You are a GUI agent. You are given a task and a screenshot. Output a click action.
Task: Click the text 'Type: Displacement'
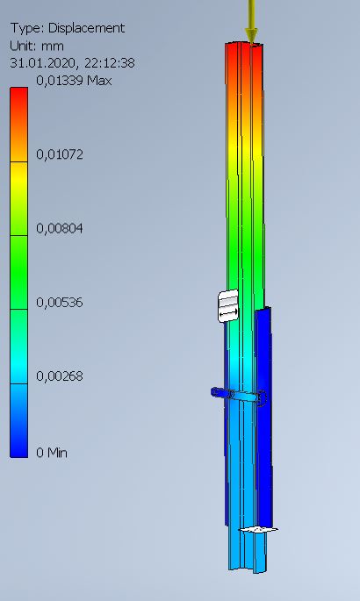pos(67,28)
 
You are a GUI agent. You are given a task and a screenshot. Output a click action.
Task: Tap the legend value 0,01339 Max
pos(74,81)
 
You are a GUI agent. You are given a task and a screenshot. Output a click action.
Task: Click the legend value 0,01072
pos(60,154)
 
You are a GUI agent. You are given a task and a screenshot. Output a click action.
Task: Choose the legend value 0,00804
pos(60,228)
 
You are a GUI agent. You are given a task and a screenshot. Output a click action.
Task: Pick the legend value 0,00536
pos(60,303)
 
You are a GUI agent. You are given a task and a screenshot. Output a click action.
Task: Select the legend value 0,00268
pos(60,376)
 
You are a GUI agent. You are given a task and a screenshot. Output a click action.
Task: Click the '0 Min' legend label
pos(52,453)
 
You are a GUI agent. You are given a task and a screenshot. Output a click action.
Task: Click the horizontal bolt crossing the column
pos(237,397)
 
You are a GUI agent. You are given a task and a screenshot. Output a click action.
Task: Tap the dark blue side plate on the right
pos(266,412)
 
